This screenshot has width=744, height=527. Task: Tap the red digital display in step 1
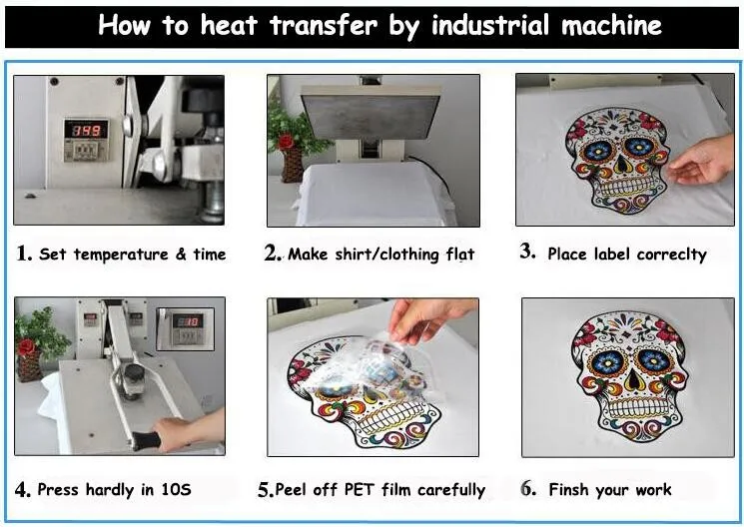point(86,130)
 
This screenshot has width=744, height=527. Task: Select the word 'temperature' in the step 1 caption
point(121,255)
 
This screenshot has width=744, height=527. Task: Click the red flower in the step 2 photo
point(286,141)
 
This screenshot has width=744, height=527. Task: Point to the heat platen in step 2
point(371,115)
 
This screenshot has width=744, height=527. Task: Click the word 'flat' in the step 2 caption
point(459,255)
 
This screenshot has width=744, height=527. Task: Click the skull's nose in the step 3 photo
point(619,163)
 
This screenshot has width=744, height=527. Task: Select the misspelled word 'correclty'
point(671,255)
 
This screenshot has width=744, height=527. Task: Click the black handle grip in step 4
point(146,441)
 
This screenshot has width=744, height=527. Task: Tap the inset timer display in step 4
point(186,329)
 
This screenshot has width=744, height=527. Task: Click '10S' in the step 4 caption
point(176,489)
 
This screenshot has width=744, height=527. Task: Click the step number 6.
point(527,488)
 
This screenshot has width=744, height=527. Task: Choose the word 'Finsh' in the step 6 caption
point(568,489)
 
